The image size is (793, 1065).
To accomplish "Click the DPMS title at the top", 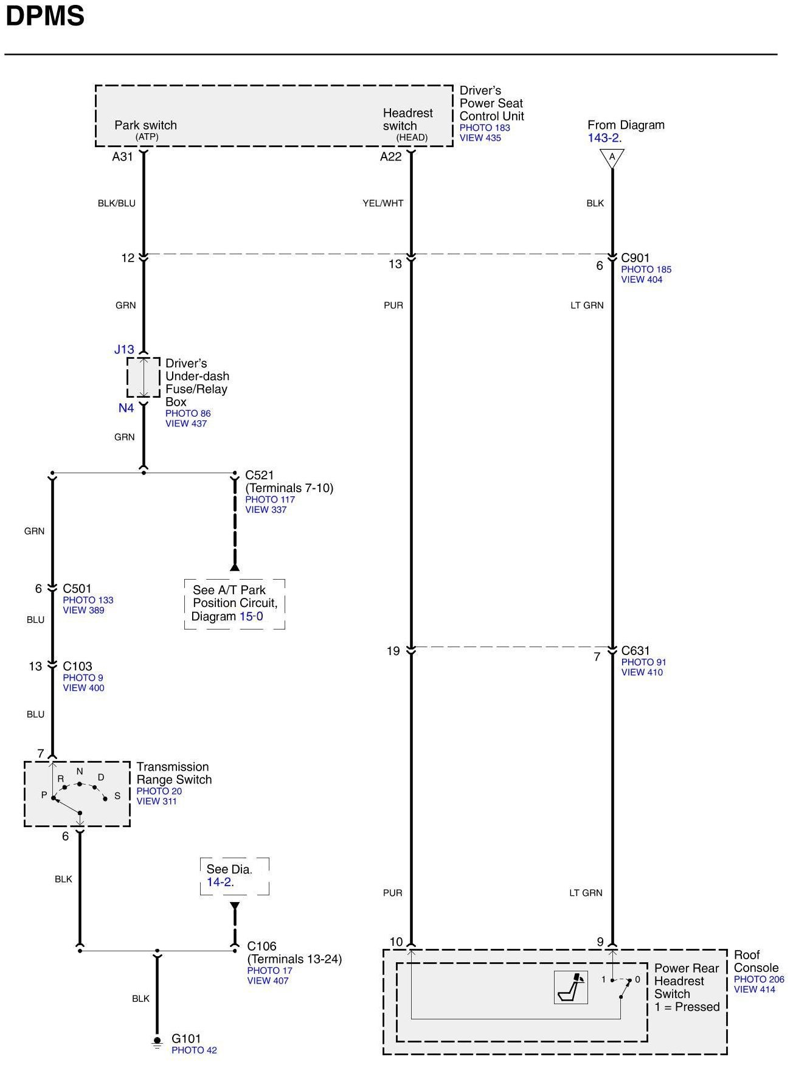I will [45, 16].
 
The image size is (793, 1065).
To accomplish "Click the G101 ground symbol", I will [157, 1042].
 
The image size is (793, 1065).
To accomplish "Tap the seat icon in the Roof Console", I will [571, 987].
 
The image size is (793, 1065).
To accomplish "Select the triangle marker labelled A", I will [612, 158].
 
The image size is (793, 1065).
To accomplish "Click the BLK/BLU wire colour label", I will [117, 203].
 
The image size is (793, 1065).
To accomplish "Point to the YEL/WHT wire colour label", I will [383, 203].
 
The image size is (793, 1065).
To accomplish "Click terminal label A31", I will [122, 157].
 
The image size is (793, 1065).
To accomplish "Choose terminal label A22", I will [391, 157].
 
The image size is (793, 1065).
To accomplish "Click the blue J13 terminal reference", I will [124, 349].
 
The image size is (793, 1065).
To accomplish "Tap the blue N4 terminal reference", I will [126, 408].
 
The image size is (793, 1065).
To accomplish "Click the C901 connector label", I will [635, 258].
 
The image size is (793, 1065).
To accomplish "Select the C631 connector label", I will [635, 651].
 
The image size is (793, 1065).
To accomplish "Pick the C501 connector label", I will [77, 588].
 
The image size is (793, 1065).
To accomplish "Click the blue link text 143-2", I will [604, 138].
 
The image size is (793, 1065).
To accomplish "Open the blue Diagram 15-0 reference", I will [251, 616].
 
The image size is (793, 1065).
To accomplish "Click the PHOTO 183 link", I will [485, 128].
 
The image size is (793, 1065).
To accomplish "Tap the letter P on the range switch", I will [44, 795].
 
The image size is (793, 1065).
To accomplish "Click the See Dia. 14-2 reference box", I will [234, 876].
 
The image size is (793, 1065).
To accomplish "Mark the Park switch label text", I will [145, 125].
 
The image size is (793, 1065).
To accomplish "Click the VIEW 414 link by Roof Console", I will [754, 990].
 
